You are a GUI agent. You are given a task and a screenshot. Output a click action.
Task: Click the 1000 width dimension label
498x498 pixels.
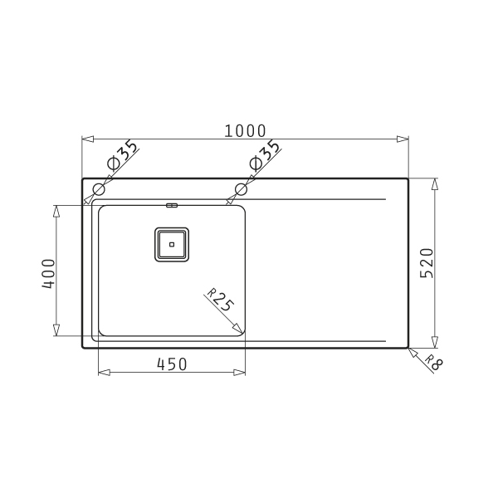245,131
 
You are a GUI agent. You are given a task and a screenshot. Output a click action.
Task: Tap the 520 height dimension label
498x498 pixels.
427,263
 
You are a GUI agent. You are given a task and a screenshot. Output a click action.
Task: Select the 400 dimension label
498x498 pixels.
49,274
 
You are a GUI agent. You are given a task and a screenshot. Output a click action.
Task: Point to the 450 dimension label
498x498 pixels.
172,364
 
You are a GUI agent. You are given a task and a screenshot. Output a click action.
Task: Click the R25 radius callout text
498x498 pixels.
221,300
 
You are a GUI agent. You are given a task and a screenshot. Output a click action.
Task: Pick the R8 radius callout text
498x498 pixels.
433,363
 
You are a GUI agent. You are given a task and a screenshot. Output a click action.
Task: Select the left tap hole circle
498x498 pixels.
99,189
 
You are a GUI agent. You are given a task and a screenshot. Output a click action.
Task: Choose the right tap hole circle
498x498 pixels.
241,189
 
